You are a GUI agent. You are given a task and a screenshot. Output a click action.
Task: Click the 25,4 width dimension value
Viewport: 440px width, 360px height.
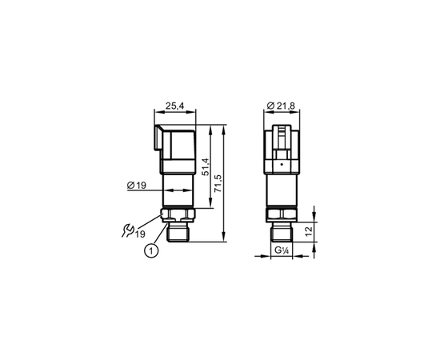pyautogui.click(x=174, y=106)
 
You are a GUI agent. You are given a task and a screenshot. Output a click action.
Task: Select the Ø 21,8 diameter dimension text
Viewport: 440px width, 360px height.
pyautogui.click(x=281, y=106)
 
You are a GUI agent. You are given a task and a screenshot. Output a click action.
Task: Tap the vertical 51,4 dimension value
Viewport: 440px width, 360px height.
pyautogui.click(x=206, y=167)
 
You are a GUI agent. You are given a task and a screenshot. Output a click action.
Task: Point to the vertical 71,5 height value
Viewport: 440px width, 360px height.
pyautogui.click(x=218, y=183)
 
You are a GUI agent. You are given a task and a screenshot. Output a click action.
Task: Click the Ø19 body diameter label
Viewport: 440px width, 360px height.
pyautogui.click(x=137, y=185)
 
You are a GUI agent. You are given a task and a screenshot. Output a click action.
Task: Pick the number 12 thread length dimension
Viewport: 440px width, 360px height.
pyautogui.click(x=308, y=231)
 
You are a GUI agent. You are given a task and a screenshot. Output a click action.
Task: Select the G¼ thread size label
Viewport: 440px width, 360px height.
pyautogui.click(x=282, y=250)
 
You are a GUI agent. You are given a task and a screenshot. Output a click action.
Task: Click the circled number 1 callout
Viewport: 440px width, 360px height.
pyautogui.click(x=151, y=251)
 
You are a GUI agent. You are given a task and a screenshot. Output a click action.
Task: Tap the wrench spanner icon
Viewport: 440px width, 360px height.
pyautogui.click(x=128, y=230)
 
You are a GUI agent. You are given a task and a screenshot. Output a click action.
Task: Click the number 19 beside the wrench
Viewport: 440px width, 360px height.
pyautogui.click(x=140, y=234)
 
